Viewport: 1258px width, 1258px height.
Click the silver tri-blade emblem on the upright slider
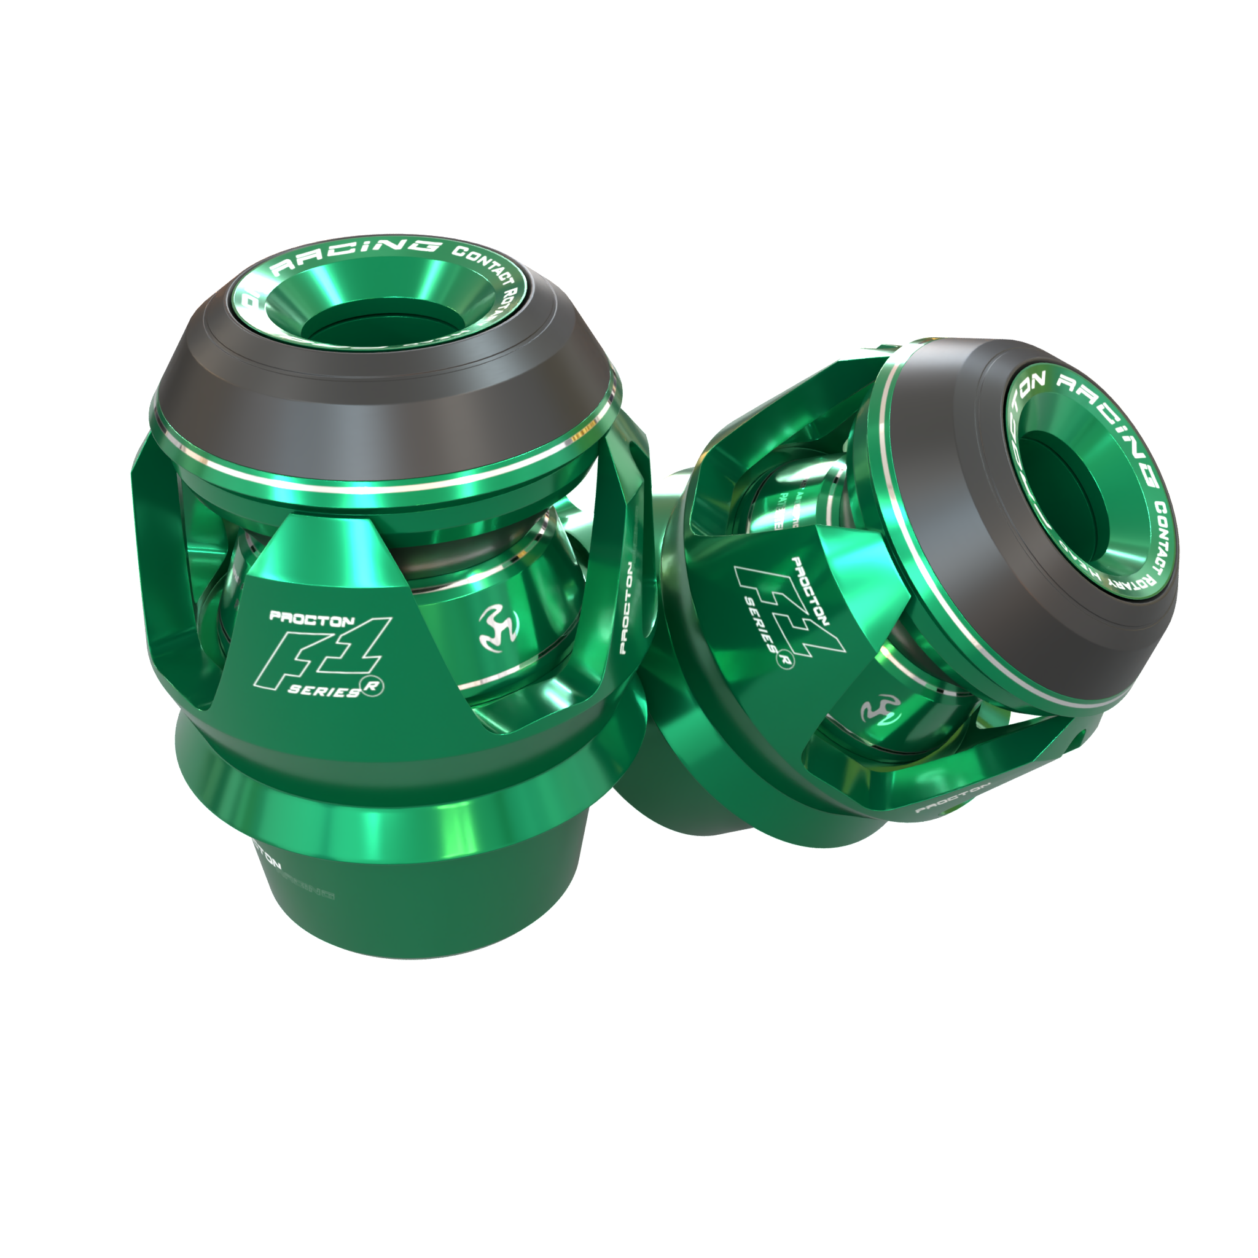point(499,630)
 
